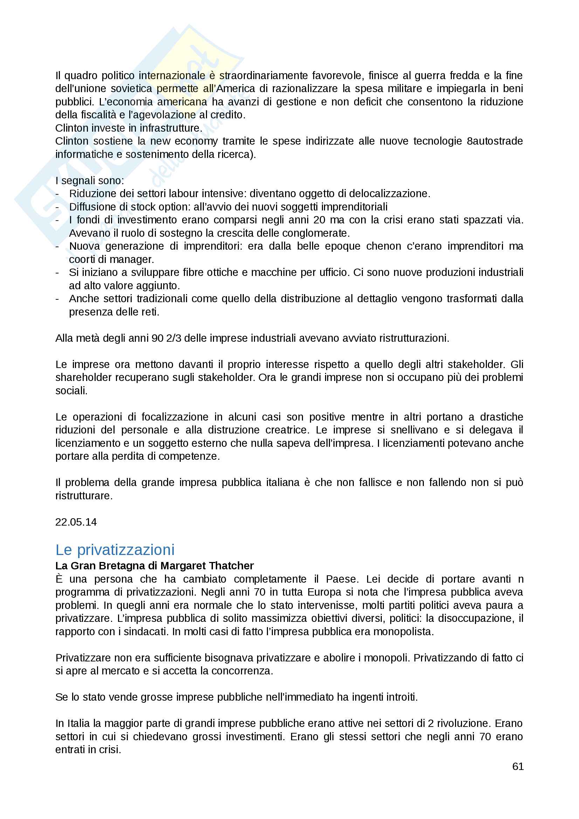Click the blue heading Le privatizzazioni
pos(115,550)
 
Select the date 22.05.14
pos(76,522)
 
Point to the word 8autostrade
pos(495,141)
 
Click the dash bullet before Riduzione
pos(57,194)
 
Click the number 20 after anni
pos(319,220)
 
